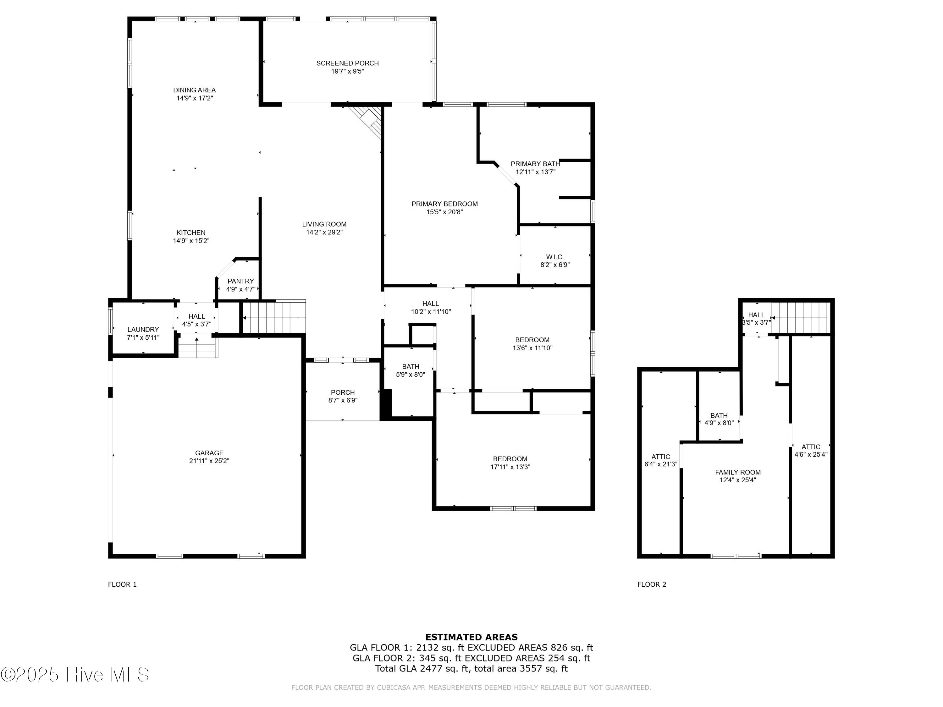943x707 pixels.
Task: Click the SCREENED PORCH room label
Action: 347,63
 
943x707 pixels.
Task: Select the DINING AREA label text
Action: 194,90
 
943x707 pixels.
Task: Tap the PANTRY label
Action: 240,281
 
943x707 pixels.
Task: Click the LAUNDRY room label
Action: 143,329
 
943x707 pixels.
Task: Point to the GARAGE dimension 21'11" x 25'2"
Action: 209,461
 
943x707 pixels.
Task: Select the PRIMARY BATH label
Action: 535,164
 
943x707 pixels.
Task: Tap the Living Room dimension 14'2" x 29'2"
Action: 324,232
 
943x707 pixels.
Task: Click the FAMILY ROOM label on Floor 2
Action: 738,472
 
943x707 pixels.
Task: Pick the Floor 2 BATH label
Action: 719,415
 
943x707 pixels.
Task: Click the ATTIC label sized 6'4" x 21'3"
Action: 661,457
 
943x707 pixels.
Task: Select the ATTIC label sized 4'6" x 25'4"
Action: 811,447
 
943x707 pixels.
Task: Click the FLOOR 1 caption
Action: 122,584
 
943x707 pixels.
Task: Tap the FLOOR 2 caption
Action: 652,584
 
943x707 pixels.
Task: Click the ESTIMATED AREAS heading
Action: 472,637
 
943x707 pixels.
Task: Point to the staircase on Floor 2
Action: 801,317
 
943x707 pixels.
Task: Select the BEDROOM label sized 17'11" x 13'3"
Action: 510,459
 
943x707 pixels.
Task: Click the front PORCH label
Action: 343,392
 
